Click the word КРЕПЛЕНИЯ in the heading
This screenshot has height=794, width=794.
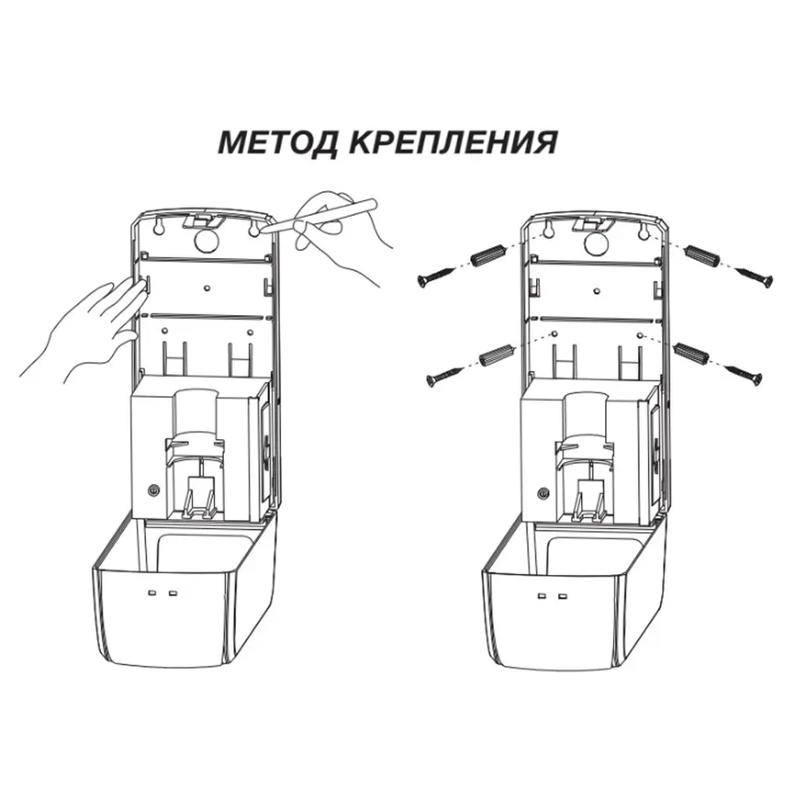pos(453,144)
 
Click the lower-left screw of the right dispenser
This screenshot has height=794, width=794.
pos(445,375)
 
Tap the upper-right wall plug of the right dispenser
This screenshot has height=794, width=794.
pos(703,258)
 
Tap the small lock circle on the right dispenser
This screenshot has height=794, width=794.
pos(542,492)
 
